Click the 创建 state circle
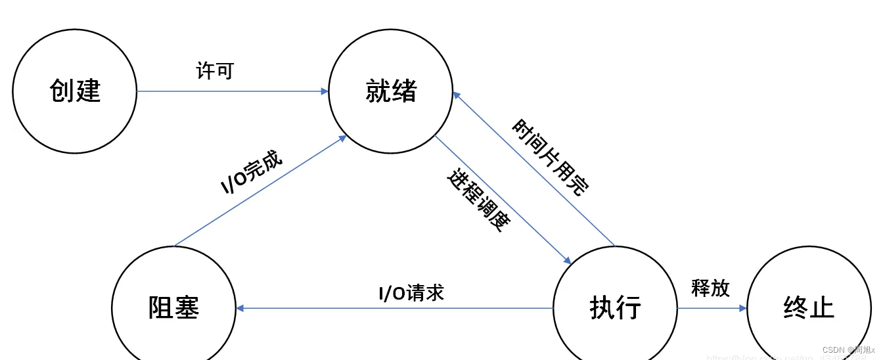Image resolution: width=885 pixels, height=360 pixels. click(x=75, y=91)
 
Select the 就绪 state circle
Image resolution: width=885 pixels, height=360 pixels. click(x=391, y=91)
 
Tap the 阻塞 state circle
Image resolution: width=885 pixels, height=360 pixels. click(x=173, y=307)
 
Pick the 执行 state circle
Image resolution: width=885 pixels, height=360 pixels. click(x=615, y=307)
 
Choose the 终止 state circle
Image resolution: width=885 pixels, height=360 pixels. click(x=809, y=307)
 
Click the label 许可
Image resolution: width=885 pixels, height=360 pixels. click(x=215, y=70)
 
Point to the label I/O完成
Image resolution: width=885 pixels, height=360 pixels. click(x=251, y=172)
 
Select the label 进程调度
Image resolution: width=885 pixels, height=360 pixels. click(x=479, y=200)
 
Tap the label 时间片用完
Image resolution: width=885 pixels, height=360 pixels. click(x=551, y=158)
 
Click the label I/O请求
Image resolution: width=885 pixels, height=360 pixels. click(x=411, y=292)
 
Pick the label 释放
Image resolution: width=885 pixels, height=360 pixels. click(x=710, y=288)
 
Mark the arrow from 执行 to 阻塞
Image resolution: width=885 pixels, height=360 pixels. click(x=394, y=307)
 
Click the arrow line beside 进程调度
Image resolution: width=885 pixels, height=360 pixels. click(x=503, y=200)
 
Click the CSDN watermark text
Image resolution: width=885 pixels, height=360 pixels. click(x=848, y=350)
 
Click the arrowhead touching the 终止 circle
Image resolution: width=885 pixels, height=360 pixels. click(x=743, y=307)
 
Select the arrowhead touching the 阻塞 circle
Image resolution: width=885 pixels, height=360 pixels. click(x=240, y=307)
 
